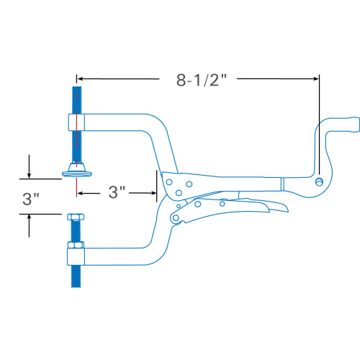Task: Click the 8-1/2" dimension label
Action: [x=202, y=80]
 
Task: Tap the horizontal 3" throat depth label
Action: [x=117, y=192]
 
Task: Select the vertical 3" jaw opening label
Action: [x=31, y=199]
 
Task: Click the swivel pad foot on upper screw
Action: [x=77, y=170]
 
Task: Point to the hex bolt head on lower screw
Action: [x=76, y=217]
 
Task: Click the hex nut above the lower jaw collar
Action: [x=76, y=245]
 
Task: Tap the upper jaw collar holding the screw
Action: [x=76, y=122]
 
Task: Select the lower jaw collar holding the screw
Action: [x=76, y=257]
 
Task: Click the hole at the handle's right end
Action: [x=319, y=182]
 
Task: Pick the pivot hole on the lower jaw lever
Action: [x=176, y=218]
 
